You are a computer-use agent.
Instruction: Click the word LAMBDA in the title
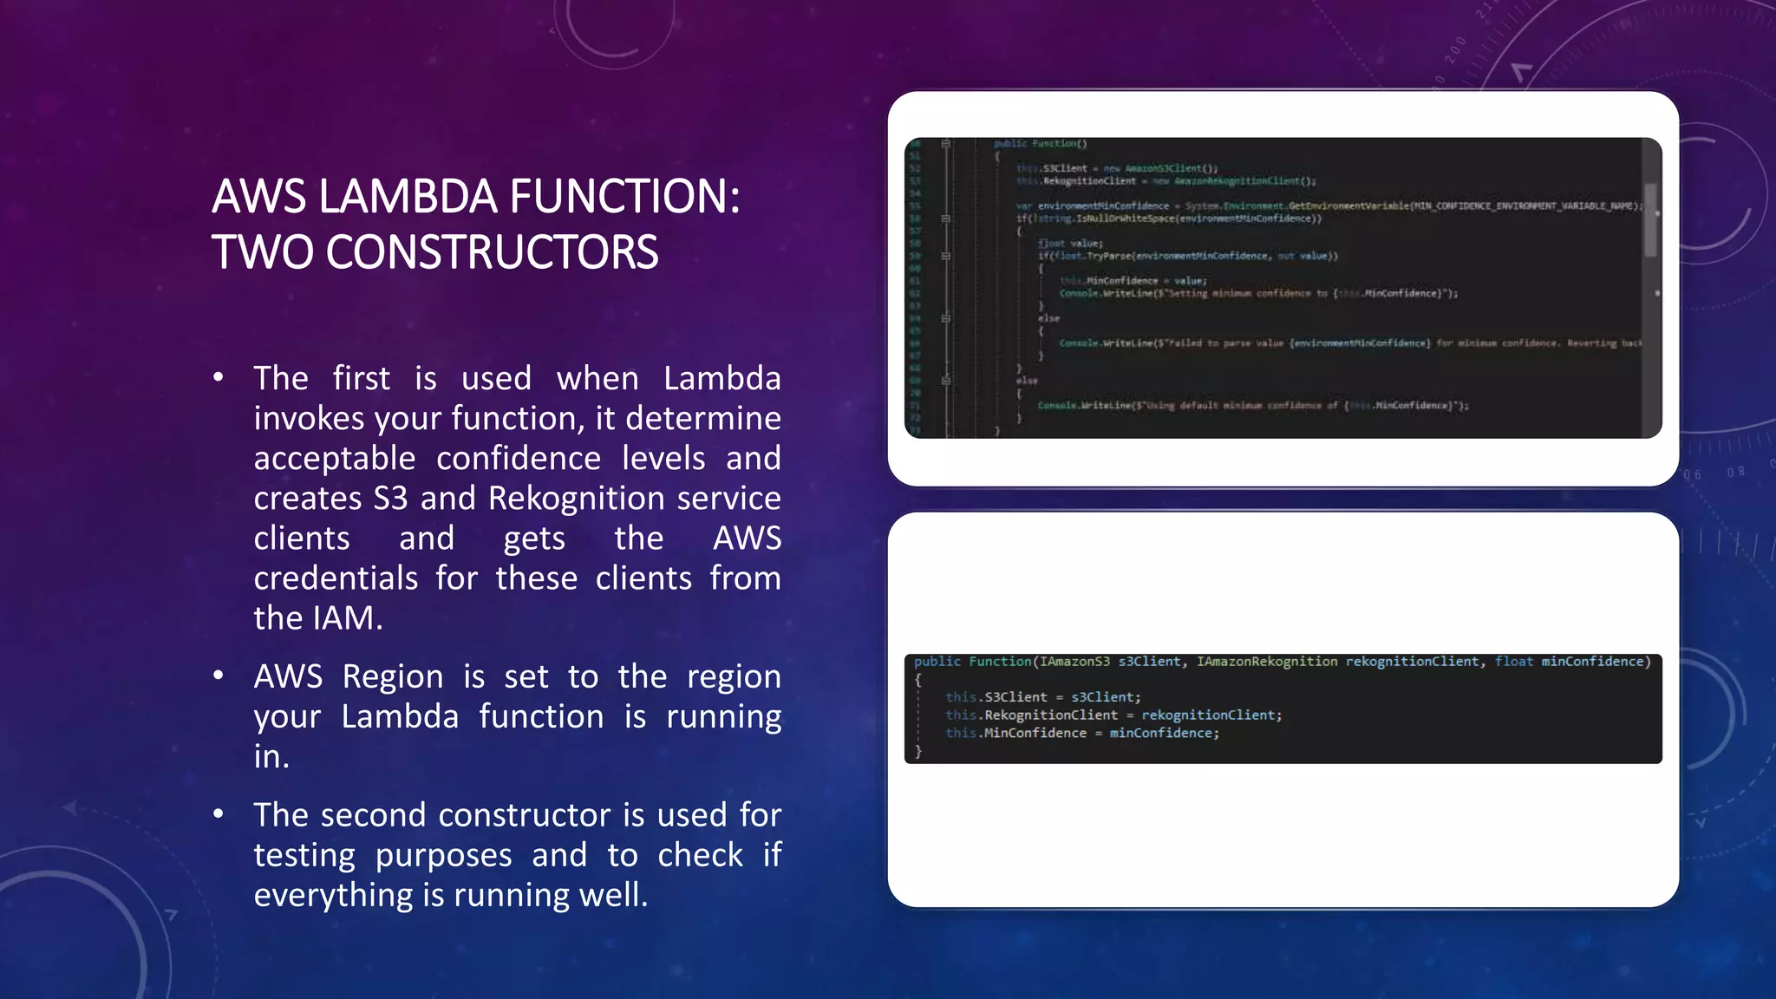click(x=407, y=196)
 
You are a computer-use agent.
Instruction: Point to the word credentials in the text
click(x=336, y=578)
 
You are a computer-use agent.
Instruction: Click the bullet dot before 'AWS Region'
click(x=219, y=675)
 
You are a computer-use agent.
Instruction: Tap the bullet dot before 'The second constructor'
click(x=219, y=813)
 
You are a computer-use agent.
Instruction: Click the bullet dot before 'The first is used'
click(x=219, y=376)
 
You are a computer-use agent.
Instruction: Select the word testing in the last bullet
click(x=304, y=855)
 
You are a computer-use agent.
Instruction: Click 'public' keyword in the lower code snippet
click(x=937, y=662)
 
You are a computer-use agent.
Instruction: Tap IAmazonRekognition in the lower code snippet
click(x=1267, y=662)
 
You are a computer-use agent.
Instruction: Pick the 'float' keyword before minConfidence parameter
click(x=1514, y=662)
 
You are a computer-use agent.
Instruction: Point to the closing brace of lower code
click(x=918, y=752)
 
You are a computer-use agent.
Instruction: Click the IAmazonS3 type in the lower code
click(x=1074, y=662)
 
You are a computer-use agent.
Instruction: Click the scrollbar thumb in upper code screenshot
click(x=1650, y=219)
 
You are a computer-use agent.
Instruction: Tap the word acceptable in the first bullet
click(x=335, y=459)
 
